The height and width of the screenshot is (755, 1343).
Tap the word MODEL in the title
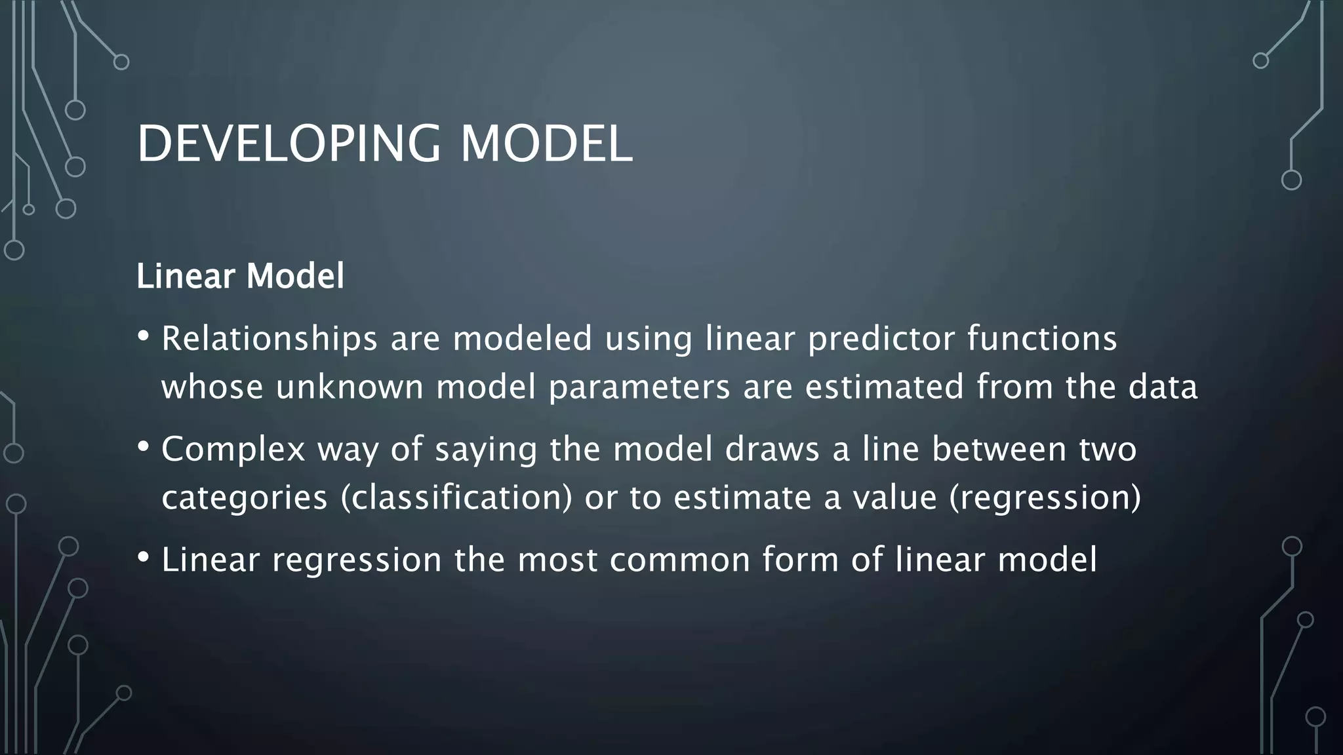[x=546, y=144]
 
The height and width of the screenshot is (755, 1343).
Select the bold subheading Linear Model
[x=240, y=276]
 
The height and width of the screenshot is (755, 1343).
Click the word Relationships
[x=270, y=339]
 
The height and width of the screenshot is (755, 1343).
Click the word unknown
[x=350, y=387]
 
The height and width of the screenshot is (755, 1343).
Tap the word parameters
[x=639, y=387]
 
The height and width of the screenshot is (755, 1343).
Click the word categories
[x=244, y=497]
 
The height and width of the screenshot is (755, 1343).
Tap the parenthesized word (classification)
[x=456, y=497]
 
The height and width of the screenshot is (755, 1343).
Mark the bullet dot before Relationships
[x=144, y=336]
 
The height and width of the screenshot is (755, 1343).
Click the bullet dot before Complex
[x=144, y=447]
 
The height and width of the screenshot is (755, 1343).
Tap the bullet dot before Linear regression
[x=144, y=558]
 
